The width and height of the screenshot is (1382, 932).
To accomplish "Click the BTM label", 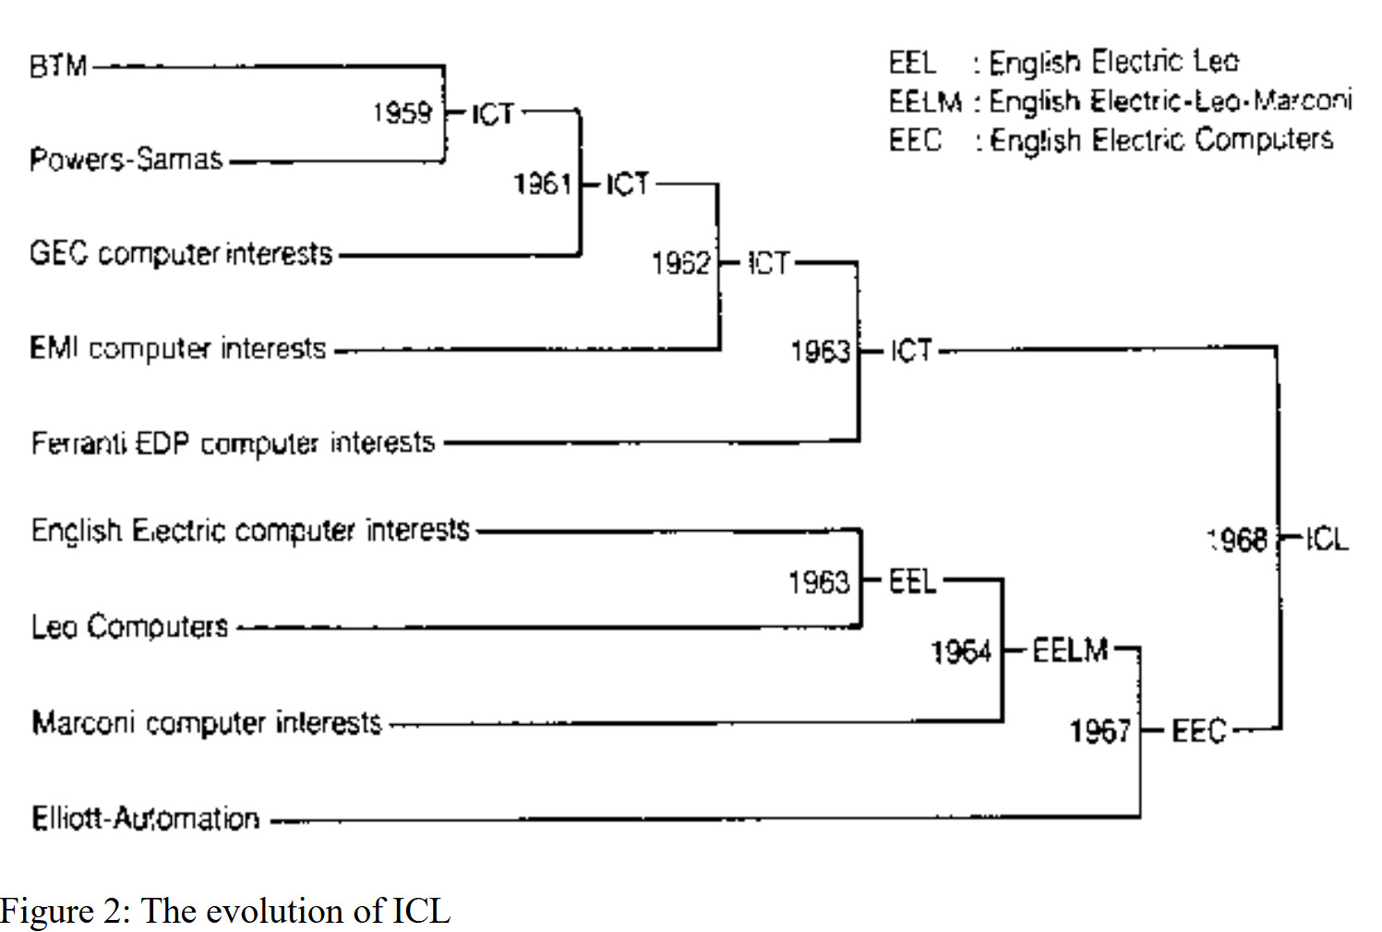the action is click(x=58, y=66).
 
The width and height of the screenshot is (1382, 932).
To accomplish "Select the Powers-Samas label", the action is click(x=126, y=159).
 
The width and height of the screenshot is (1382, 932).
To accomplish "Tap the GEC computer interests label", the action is click(x=181, y=254).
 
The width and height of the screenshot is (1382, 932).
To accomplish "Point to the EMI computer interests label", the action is click(x=177, y=349).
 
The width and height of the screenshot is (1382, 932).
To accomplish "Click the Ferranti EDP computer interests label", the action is click(x=234, y=443).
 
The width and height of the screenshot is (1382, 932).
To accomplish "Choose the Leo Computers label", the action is click(x=129, y=626).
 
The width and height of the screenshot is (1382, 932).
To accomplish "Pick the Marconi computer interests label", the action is click(x=207, y=722).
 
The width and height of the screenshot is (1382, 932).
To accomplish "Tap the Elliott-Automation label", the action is click(x=146, y=817).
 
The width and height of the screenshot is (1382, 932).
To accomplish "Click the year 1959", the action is click(x=403, y=113).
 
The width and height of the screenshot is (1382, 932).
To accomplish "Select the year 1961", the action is click(x=542, y=184).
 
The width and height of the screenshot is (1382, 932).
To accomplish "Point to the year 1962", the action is click(x=681, y=263).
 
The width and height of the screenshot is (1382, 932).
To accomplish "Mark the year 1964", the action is click(x=961, y=652).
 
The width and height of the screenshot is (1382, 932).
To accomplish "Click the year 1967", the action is click(x=1100, y=732).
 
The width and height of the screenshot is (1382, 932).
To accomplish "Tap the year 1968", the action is click(x=1237, y=540).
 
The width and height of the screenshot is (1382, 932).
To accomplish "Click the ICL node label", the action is click(x=1328, y=540).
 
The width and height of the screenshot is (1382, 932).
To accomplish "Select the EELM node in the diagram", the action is click(x=1071, y=650).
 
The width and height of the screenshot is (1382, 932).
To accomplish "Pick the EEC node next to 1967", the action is click(x=1199, y=731).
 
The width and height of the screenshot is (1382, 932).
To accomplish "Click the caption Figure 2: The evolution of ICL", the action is click(x=226, y=910).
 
